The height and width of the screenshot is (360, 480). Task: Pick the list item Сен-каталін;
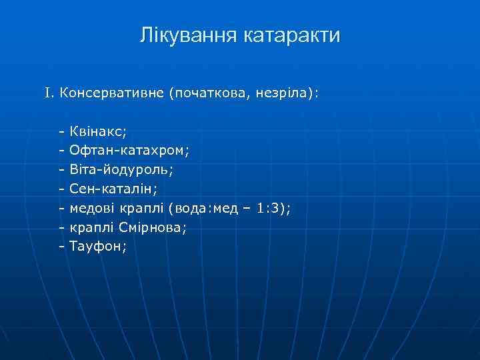click(113, 189)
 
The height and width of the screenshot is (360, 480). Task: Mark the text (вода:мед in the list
click(202, 208)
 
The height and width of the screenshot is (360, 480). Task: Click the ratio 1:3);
click(273, 208)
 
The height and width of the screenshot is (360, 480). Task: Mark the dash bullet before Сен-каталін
click(62, 189)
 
